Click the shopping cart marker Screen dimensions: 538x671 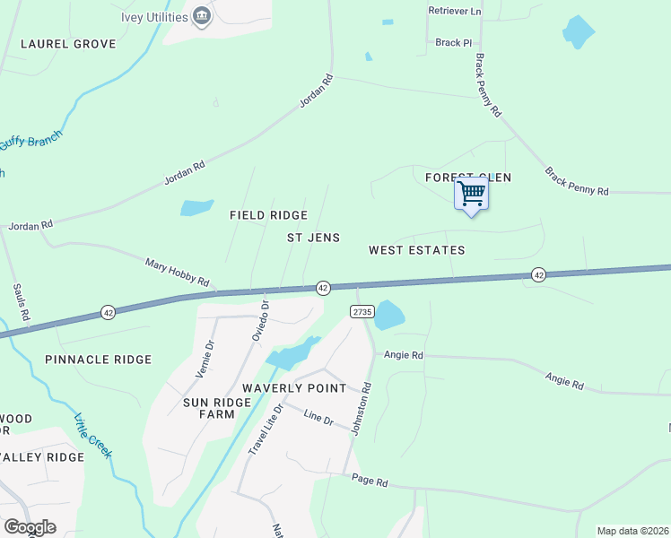point(472,194)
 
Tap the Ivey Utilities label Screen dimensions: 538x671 point(153,17)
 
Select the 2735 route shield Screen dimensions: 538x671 point(361,310)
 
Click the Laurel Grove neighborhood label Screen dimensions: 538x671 point(68,43)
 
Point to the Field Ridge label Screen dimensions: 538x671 point(268,215)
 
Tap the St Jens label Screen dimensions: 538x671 point(313,238)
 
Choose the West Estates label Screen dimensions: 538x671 point(416,250)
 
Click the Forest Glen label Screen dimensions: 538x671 point(468,178)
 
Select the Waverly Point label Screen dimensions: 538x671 point(294,388)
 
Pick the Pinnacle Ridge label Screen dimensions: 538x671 point(98,360)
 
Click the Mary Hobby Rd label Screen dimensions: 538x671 point(177,272)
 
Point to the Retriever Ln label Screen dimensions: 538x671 point(456,12)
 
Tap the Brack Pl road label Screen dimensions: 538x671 point(453,42)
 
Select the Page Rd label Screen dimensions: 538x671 point(369,482)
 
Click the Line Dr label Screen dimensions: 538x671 point(318,417)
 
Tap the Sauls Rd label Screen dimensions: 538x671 point(22,302)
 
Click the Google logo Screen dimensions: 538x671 point(29,526)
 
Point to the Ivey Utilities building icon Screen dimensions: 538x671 point(202,15)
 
